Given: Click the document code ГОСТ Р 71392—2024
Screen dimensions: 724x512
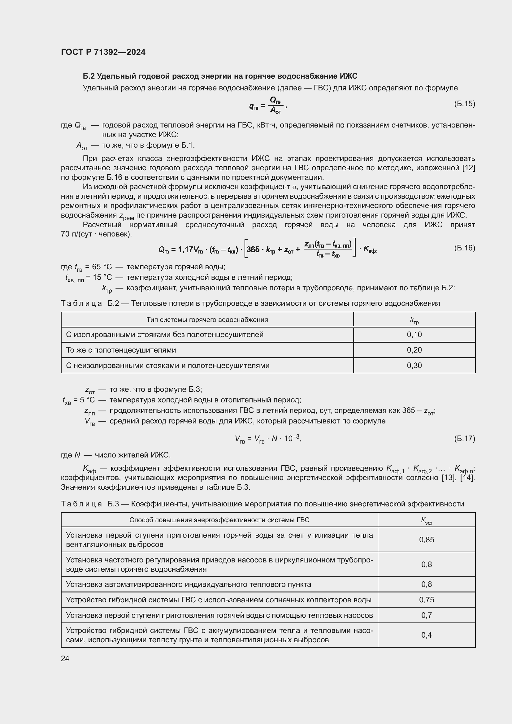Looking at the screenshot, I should click(103, 52).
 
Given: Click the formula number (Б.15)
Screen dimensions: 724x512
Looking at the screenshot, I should click(464, 104).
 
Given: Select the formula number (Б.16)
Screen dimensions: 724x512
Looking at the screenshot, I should click(464, 248).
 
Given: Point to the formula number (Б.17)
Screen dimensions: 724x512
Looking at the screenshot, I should click(464, 439).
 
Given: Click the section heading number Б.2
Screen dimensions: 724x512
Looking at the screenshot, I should click(89, 76).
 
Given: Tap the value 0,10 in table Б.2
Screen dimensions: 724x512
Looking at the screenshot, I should click(414, 335).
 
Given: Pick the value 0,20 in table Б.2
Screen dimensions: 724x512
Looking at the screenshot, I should click(414, 350).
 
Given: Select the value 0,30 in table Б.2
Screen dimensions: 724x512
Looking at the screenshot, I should click(414, 366).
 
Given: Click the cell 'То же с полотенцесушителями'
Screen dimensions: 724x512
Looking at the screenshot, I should click(121, 350).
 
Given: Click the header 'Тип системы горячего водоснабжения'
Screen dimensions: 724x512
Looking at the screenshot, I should click(207, 320).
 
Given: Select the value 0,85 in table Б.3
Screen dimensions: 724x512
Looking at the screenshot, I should click(426, 540).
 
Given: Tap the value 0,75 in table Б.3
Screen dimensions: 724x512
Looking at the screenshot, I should click(426, 600).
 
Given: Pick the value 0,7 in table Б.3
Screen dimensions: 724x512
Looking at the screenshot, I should click(426, 615).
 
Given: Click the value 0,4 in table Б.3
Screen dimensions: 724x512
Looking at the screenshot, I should click(426, 635).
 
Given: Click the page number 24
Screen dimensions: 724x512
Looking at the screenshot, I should click(65, 658).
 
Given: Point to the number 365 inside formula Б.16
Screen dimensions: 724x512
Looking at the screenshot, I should click(253, 250).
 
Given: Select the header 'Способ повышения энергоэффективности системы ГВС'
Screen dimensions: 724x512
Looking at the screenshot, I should click(219, 520).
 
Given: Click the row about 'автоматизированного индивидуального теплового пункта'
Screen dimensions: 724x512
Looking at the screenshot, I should click(189, 584).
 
